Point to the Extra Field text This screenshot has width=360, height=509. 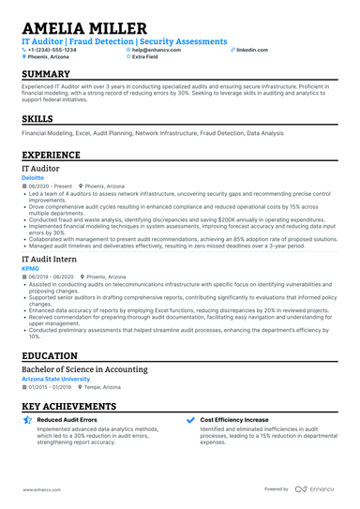(x=145, y=56)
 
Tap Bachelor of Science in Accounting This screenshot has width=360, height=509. (x=84, y=370)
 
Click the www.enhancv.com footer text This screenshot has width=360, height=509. (x=42, y=488)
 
